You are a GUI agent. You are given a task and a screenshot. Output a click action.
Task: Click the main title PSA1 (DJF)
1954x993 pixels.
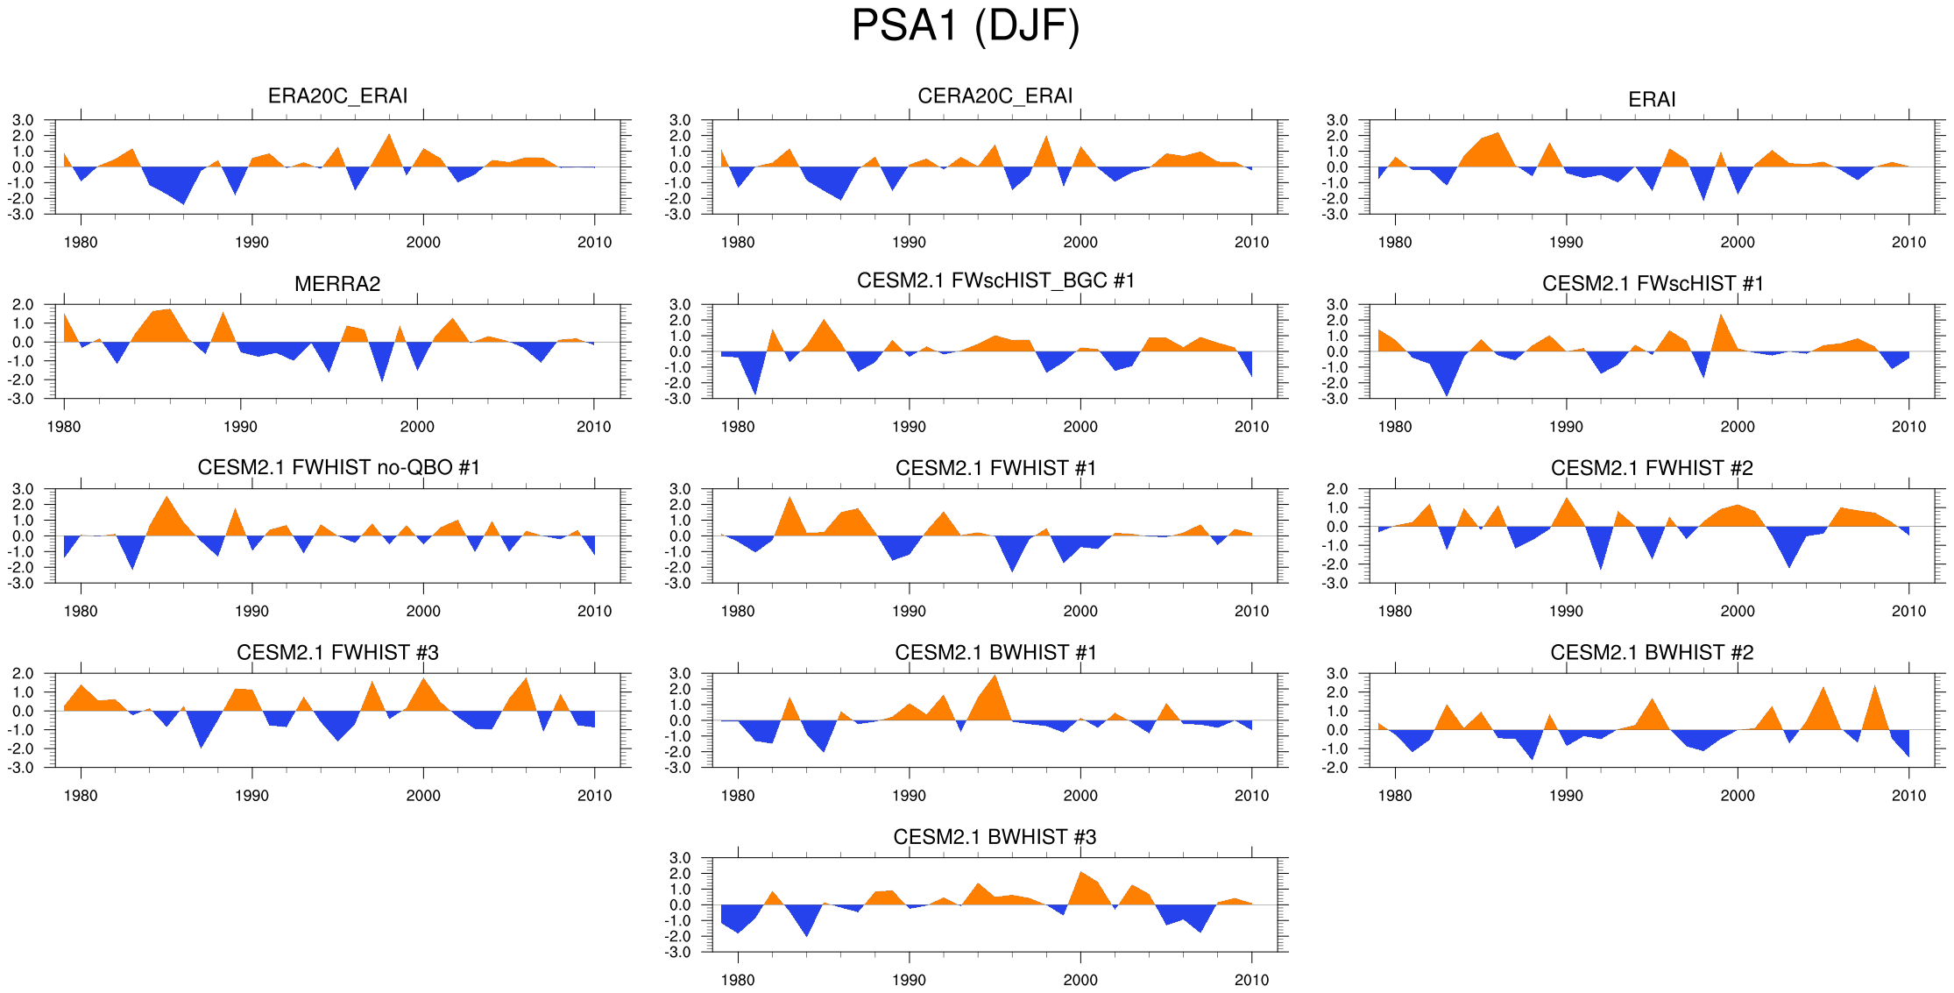click(x=965, y=26)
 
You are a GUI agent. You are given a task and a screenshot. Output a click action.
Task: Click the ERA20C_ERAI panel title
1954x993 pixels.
click(x=337, y=96)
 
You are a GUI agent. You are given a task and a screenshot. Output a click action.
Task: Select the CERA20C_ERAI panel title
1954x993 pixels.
click(x=995, y=96)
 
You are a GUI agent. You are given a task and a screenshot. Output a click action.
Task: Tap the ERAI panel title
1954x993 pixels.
click(x=1652, y=100)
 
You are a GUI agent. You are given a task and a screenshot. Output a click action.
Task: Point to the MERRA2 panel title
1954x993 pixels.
click(x=337, y=284)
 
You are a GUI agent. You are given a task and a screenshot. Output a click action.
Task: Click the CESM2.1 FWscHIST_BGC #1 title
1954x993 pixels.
click(x=995, y=280)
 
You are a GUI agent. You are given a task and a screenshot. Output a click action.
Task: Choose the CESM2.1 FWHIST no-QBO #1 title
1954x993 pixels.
click(x=338, y=467)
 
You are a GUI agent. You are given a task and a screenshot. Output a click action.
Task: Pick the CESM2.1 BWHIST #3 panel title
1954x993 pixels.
click(x=995, y=837)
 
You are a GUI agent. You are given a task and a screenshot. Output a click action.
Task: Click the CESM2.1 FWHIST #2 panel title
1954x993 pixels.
click(x=1652, y=468)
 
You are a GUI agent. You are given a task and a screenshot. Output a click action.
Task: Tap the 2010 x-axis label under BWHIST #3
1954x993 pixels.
click(x=1251, y=980)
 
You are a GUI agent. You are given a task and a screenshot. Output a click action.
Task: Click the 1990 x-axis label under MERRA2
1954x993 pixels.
click(x=240, y=427)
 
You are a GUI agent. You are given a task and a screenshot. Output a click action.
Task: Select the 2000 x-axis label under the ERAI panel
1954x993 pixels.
click(x=1738, y=243)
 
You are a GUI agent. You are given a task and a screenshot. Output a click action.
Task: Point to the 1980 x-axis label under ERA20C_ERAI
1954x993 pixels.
click(x=81, y=243)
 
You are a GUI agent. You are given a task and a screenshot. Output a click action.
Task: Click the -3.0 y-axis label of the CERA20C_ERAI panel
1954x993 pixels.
click(x=680, y=215)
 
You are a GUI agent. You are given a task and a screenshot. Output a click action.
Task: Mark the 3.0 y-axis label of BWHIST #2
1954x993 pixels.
click(x=1337, y=674)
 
